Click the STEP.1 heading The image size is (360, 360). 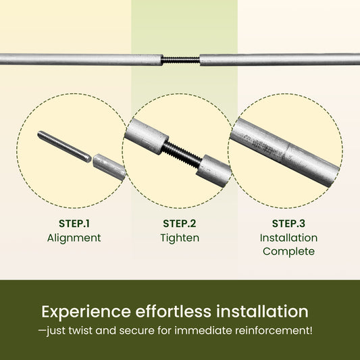tap(74, 224)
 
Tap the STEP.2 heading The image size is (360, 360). tap(180, 224)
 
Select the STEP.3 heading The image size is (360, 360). tap(288, 224)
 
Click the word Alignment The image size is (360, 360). tap(74, 238)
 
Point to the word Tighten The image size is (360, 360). tap(180, 238)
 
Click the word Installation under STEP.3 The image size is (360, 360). tap(289, 238)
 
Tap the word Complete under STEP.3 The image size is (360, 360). tap(288, 252)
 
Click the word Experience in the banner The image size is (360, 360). tap(86, 312)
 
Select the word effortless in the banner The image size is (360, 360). tap(173, 311)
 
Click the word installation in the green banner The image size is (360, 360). tap(262, 311)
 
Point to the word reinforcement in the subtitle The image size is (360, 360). tap(274, 330)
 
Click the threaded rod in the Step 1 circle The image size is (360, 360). tap(64, 147)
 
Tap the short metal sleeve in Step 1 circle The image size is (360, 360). tap(109, 167)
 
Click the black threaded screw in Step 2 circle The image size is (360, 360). tap(182, 155)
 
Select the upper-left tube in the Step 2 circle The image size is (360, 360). tap(147, 136)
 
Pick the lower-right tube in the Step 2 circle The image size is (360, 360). tap(213, 171)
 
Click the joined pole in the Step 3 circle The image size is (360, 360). tap(285, 152)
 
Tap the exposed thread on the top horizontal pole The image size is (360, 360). tap(180, 60)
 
